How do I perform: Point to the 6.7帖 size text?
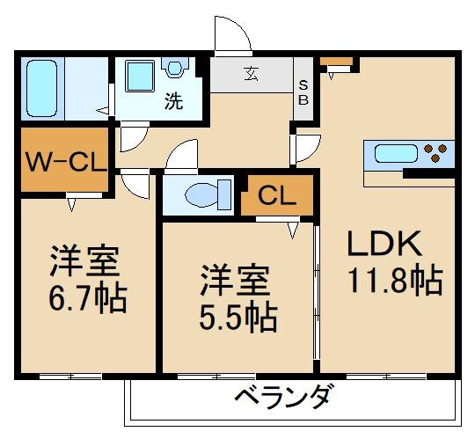pos(86,299)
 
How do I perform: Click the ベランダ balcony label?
pos(285,398)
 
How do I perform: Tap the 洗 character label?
pos(173,102)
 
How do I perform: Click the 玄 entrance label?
pos(252,73)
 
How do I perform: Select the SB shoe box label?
pos(303,91)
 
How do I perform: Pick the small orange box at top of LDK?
pos(336,62)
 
